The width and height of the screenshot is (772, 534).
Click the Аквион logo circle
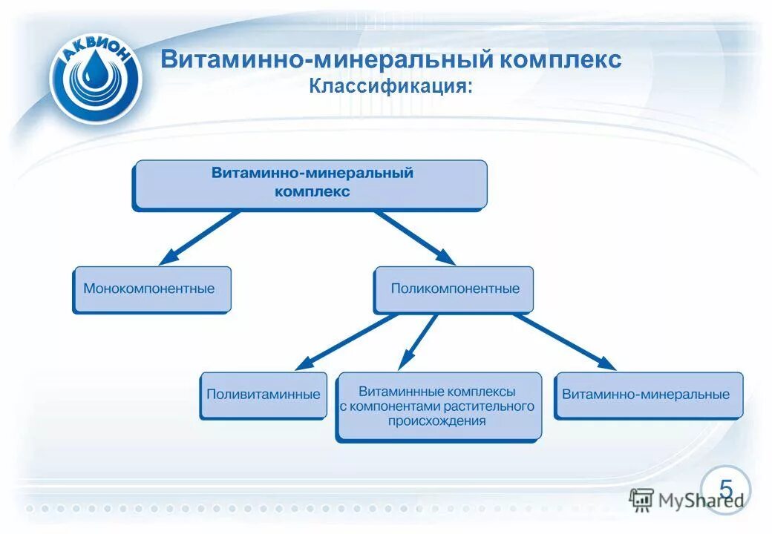tap(95, 75)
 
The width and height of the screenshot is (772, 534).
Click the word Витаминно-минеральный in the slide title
tap(327, 59)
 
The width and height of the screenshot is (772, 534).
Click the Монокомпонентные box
tap(151, 289)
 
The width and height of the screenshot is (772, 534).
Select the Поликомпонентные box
tap(453, 289)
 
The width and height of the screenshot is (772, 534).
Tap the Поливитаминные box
tap(263, 395)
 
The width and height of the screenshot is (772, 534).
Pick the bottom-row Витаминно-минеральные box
tap(647, 395)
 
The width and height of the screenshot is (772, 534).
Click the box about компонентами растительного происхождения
tap(438, 407)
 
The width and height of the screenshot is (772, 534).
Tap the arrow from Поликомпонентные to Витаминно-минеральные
tap(564, 341)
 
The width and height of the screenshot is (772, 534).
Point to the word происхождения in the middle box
tap(436, 421)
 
